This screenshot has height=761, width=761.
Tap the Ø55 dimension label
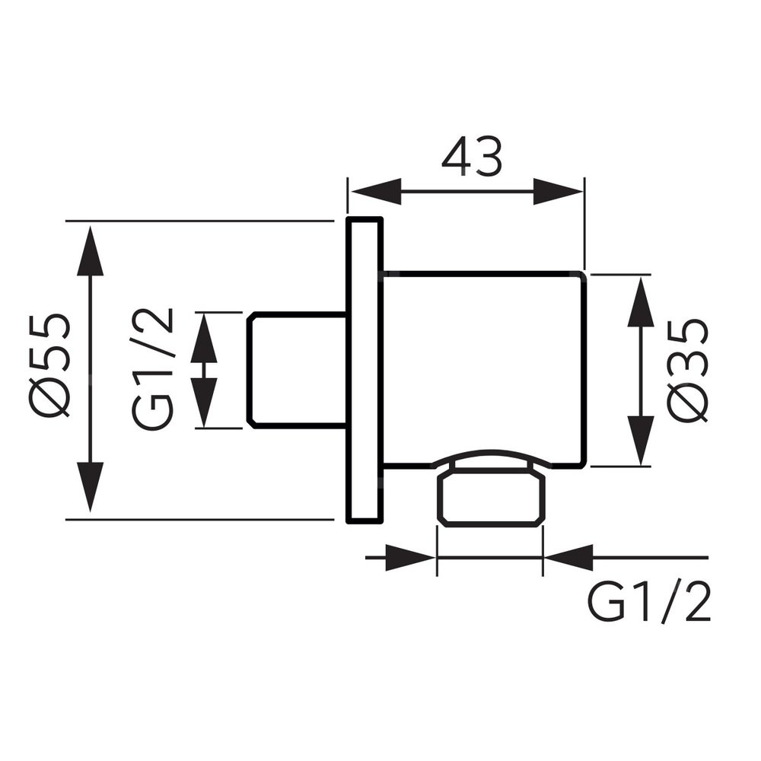point(53,366)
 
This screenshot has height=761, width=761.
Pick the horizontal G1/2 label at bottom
point(649,605)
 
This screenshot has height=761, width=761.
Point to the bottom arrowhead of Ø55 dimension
point(91,487)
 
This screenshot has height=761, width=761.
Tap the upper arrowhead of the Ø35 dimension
point(641,301)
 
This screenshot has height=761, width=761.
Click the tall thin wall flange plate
point(363,371)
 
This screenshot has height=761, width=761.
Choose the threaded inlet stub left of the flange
point(297,370)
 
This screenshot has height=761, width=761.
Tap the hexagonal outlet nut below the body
point(491,499)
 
